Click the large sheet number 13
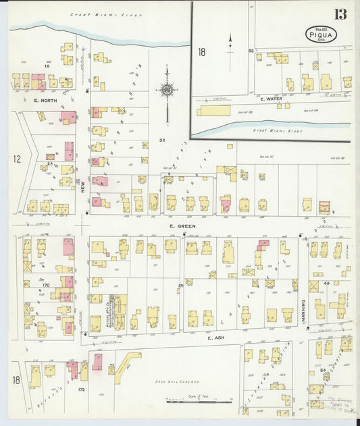[339, 14]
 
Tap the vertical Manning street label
[304, 311]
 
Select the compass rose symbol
[165, 88]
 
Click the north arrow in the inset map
[230, 42]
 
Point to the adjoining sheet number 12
[16, 159]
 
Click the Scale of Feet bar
[200, 402]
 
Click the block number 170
[46, 286]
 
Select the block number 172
[82, 390]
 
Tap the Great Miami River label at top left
[95, 14]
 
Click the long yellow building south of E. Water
[214, 110]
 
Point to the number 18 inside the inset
[201, 51]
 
